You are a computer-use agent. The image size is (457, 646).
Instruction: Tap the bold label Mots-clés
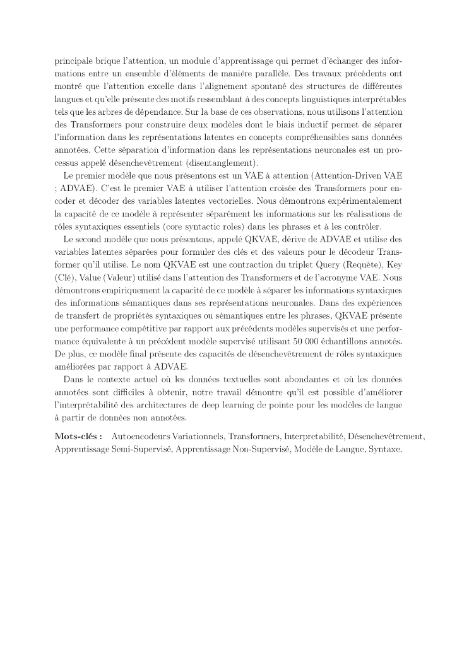79,437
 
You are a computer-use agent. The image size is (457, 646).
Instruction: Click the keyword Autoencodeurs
140,437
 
